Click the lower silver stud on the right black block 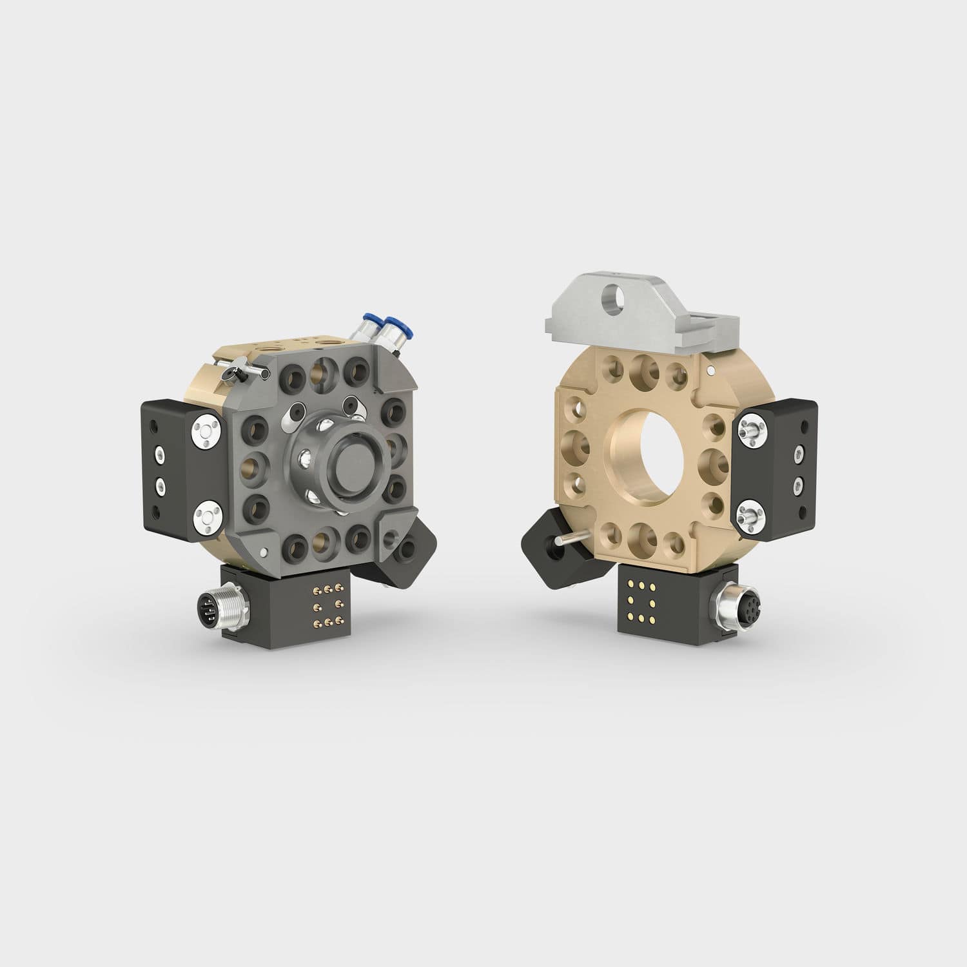[x=750, y=513]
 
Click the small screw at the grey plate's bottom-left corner [x=266, y=552]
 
